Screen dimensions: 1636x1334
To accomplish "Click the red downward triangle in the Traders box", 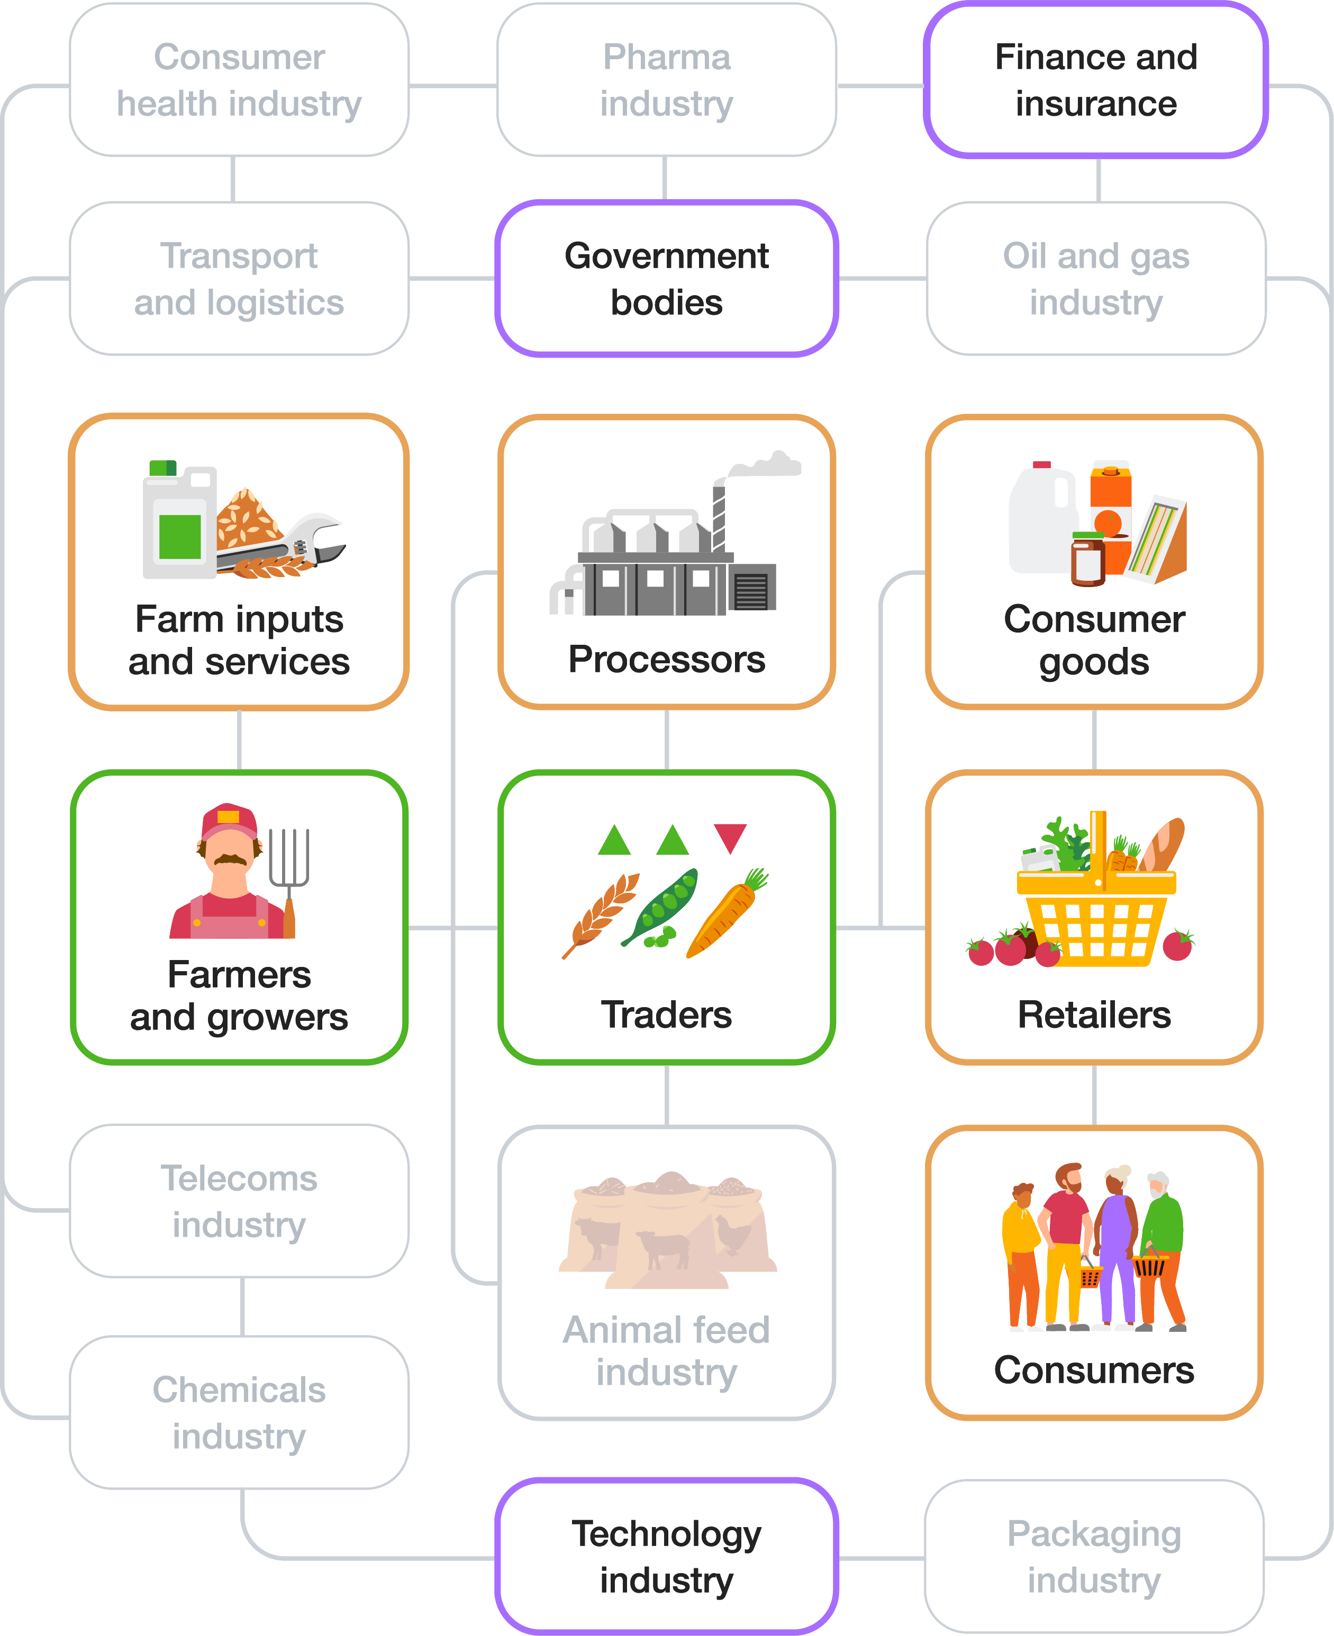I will pyautogui.click(x=730, y=836).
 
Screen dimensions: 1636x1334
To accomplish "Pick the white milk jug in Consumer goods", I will pyautogui.click(x=1041, y=522).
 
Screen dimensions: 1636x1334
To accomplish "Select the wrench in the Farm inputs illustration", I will pyautogui.click(x=307, y=542).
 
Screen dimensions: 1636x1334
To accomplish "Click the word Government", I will pyautogui.click(x=666, y=256).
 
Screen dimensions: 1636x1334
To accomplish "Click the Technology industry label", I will pyautogui.click(x=666, y=1556).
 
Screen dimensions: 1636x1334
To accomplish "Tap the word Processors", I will pyautogui.click(x=666, y=659).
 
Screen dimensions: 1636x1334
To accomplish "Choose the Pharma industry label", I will pyautogui.click(x=666, y=80).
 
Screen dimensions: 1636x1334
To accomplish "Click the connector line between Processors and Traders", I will pyautogui.click(x=666, y=739).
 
